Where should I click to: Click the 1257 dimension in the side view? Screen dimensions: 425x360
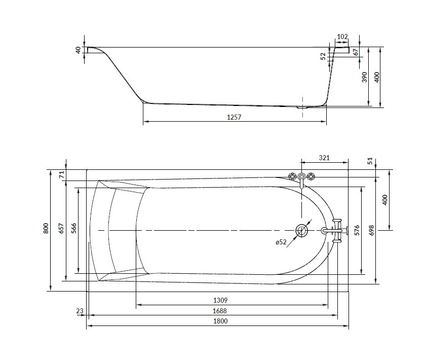234,117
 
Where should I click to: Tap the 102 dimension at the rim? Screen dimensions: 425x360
342,37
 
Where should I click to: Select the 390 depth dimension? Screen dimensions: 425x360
365,77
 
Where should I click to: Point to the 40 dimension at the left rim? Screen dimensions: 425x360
78,50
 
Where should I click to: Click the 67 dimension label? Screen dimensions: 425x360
356,52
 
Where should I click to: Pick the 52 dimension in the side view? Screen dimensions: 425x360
323,56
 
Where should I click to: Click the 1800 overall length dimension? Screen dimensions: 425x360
220,321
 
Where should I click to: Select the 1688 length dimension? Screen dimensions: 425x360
220,311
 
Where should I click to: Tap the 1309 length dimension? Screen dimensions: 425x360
220,300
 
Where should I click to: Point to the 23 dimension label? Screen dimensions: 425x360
80,311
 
